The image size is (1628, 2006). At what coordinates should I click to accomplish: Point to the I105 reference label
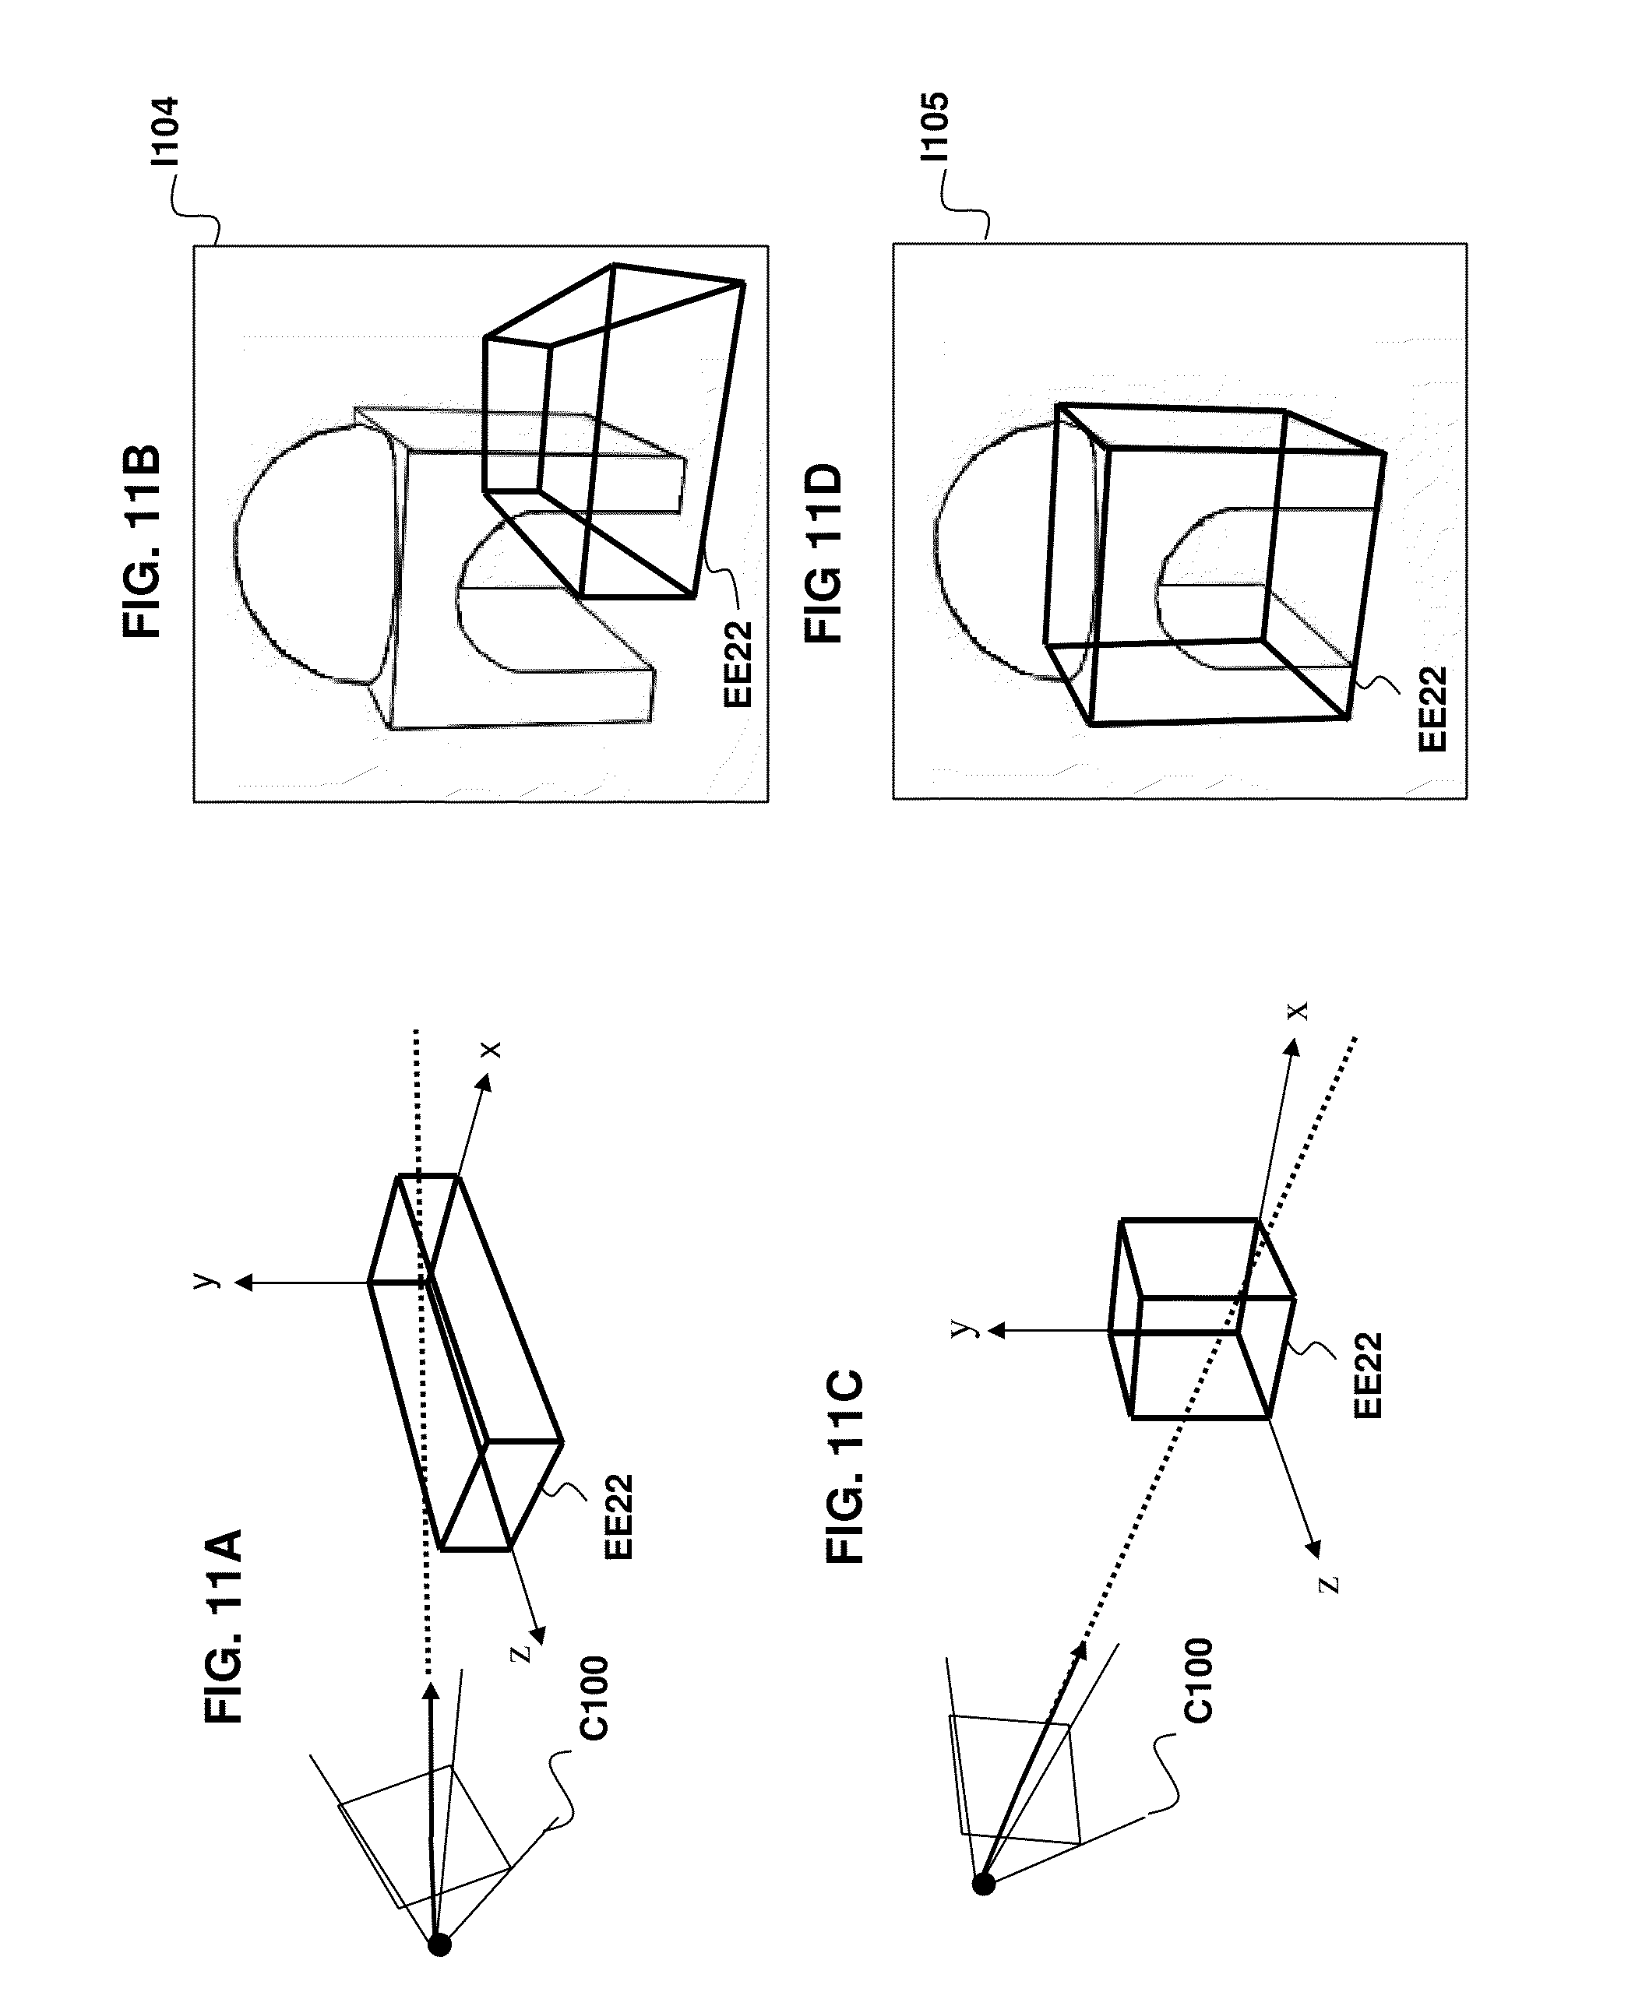point(934,127)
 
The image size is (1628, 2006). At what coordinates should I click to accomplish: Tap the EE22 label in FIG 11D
point(1432,709)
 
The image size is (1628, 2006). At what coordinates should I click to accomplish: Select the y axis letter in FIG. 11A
point(206,1279)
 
